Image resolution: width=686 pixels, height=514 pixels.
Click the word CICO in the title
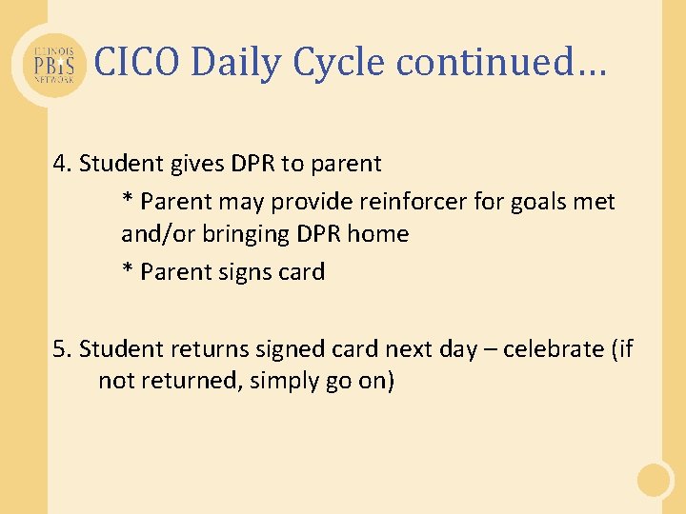tap(138, 63)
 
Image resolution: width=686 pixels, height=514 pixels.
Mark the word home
tap(377, 234)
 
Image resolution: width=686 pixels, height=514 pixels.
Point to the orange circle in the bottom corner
tap(655, 480)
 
